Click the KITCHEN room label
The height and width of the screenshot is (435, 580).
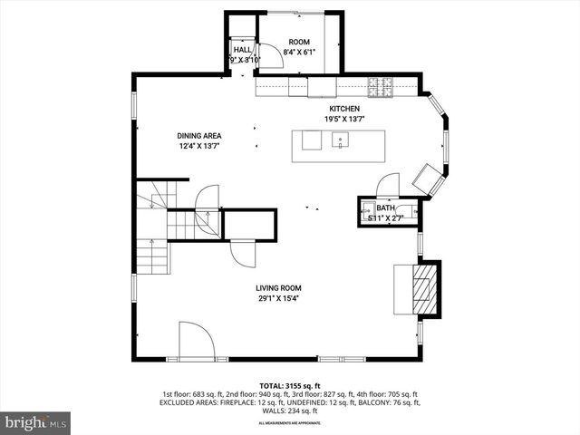coord(344,107)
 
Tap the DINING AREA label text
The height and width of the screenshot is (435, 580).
coord(198,135)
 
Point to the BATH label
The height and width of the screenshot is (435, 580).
coord(386,208)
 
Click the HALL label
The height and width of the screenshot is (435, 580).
coord(241,51)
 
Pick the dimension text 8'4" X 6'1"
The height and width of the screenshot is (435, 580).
coord(299,53)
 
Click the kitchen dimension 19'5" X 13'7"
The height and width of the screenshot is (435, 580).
coord(344,119)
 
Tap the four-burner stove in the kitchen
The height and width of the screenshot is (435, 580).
coord(379,87)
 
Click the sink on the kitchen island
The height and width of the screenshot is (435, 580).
coord(341,140)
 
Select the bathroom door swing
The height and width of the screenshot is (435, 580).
coord(388,183)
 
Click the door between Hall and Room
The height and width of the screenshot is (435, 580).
coord(256,53)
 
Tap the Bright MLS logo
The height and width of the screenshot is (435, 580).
coord(36,422)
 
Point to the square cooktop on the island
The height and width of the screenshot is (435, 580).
coord(312,140)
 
